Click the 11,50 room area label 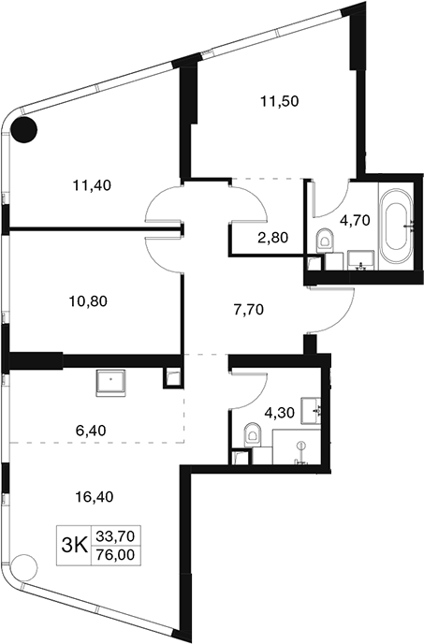pyautogui.click(x=279, y=101)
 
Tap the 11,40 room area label pyautogui.click(x=92, y=185)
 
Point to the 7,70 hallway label pyautogui.click(x=248, y=310)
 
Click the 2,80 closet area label pyautogui.click(x=272, y=237)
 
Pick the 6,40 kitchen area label pyautogui.click(x=91, y=431)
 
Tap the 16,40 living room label pyautogui.click(x=95, y=497)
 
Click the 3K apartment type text pyautogui.click(x=74, y=546)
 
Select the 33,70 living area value pyautogui.click(x=115, y=535)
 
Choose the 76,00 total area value pyautogui.click(x=115, y=555)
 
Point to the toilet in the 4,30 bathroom pyautogui.click(x=253, y=435)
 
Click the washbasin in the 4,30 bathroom pyautogui.click(x=312, y=410)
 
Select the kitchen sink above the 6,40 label pyautogui.click(x=110, y=383)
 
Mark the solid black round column pyautogui.click(x=23, y=129)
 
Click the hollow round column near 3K pyautogui.click(x=23, y=567)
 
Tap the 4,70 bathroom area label pyautogui.click(x=355, y=221)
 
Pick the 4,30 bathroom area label pyautogui.click(x=279, y=413)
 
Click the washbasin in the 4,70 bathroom pyautogui.click(x=360, y=261)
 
